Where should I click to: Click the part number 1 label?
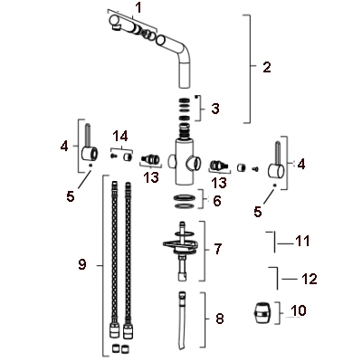click(138, 8)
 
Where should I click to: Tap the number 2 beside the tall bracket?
click(267, 67)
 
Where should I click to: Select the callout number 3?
click(214, 109)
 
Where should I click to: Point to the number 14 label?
click(120, 137)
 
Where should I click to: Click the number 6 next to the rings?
click(217, 201)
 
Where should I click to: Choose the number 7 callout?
click(217, 249)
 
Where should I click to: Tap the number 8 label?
click(219, 319)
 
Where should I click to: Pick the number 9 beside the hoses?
click(82, 264)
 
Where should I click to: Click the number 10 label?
click(299, 310)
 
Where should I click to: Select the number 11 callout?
click(303, 241)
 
